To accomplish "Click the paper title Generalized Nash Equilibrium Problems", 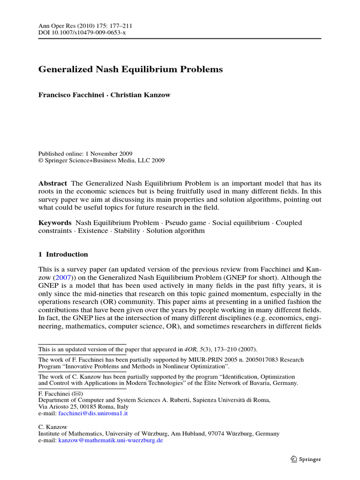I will (130, 69).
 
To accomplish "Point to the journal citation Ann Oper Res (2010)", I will (60, 25).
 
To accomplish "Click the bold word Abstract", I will (52, 183).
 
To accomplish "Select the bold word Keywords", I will (55, 223).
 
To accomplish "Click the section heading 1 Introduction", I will (63, 255).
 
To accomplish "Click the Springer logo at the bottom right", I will (305, 459).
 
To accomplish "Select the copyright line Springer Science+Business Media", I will (101, 160).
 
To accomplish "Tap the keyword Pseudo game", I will (182, 223).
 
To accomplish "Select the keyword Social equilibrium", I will (241, 223).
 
